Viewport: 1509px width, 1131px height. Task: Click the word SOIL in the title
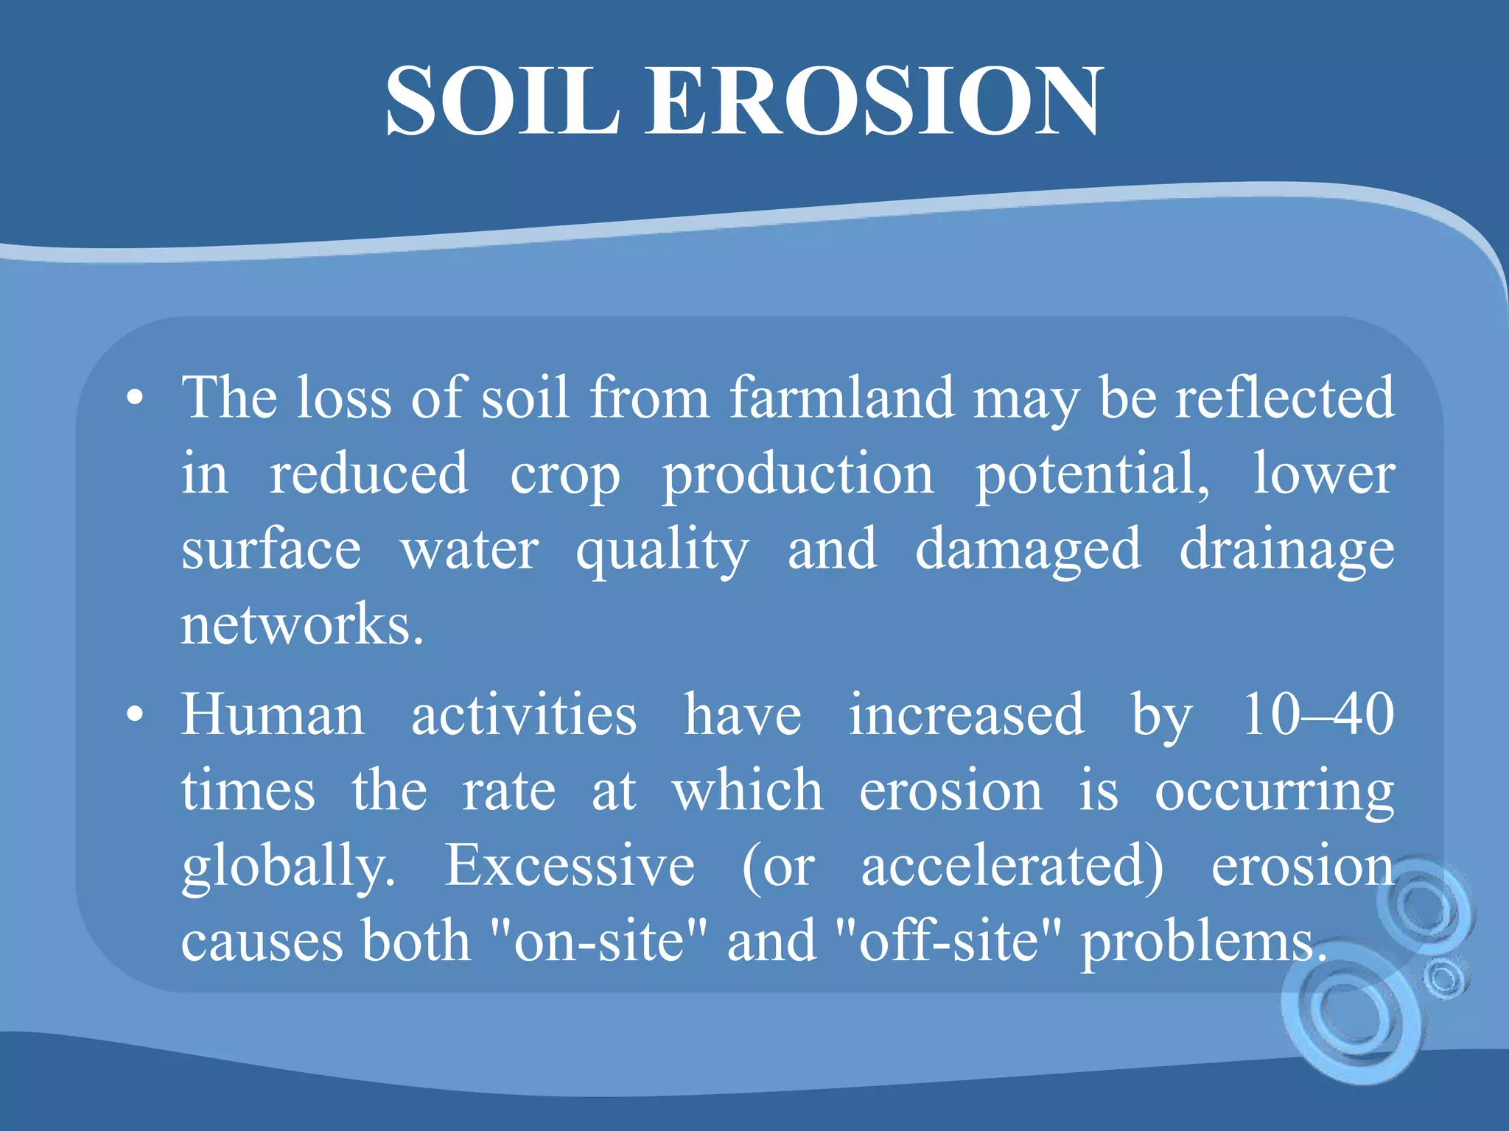coord(502,101)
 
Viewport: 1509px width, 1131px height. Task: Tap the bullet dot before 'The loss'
coord(134,398)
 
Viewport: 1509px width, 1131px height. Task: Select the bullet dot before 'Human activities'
coord(134,715)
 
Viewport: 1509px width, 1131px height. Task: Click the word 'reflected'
coord(1284,398)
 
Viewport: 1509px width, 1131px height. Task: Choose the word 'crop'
coord(565,475)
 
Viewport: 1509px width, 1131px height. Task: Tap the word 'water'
coord(469,550)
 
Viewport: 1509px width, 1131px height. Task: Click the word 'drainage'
coord(1286,550)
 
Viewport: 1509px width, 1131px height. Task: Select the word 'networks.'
coord(302,625)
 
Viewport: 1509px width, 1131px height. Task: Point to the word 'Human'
coord(273,715)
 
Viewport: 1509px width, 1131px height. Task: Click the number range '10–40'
coord(1318,715)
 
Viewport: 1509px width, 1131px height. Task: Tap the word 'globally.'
coord(288,867)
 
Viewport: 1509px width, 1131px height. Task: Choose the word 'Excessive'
coord(570,867)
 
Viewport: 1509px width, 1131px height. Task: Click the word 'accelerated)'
coord(1012,867)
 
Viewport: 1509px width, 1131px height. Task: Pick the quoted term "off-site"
coord(950,942)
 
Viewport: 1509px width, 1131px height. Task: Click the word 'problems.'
coord(1203,942)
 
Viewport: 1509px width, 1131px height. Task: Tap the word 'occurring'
coord(1274,792)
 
